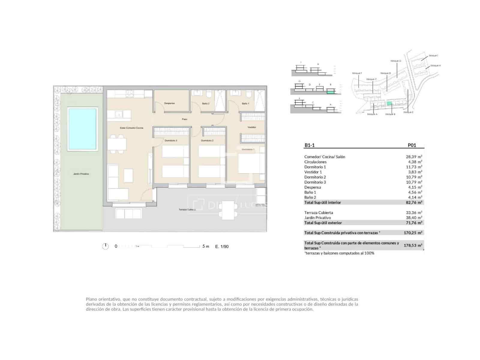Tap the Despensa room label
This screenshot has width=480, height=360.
coord(169,103)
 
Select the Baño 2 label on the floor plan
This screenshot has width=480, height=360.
coord(205,103)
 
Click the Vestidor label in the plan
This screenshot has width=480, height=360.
coord(252,127)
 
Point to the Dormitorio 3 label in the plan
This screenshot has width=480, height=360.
coord(170,140)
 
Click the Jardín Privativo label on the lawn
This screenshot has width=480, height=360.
coord(81,174)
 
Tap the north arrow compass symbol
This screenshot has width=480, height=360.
coord(105,246)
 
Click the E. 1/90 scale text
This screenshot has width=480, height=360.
coord(222,247)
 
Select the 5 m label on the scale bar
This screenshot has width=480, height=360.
coord(205,246)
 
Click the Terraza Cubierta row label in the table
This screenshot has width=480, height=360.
coord(318,213)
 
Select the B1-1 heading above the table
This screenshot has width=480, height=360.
coord(309,145)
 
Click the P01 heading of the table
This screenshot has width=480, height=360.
coord(412,145)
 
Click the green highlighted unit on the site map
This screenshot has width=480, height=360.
coord(389,103)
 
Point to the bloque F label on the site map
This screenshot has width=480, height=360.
coord(357,73)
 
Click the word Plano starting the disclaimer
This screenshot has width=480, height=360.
coord(91,299)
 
